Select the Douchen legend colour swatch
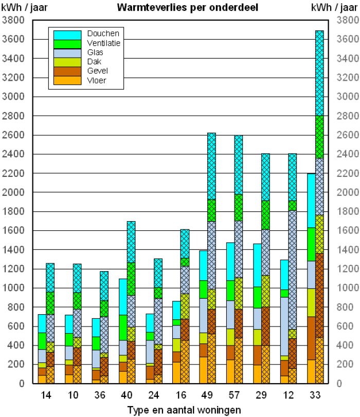[x=67, y=34]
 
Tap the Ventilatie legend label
[x=103, y=43]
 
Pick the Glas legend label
[x=95, y=52]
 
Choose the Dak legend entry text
[x=94, y=62]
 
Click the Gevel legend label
[x=97, y=71]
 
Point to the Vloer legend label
[x=97, y=80]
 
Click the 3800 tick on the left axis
[x=14, y=21]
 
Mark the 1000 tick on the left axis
[x=14, y=288]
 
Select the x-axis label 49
[x=211, y=396]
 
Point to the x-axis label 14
[x=46, y=396]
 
